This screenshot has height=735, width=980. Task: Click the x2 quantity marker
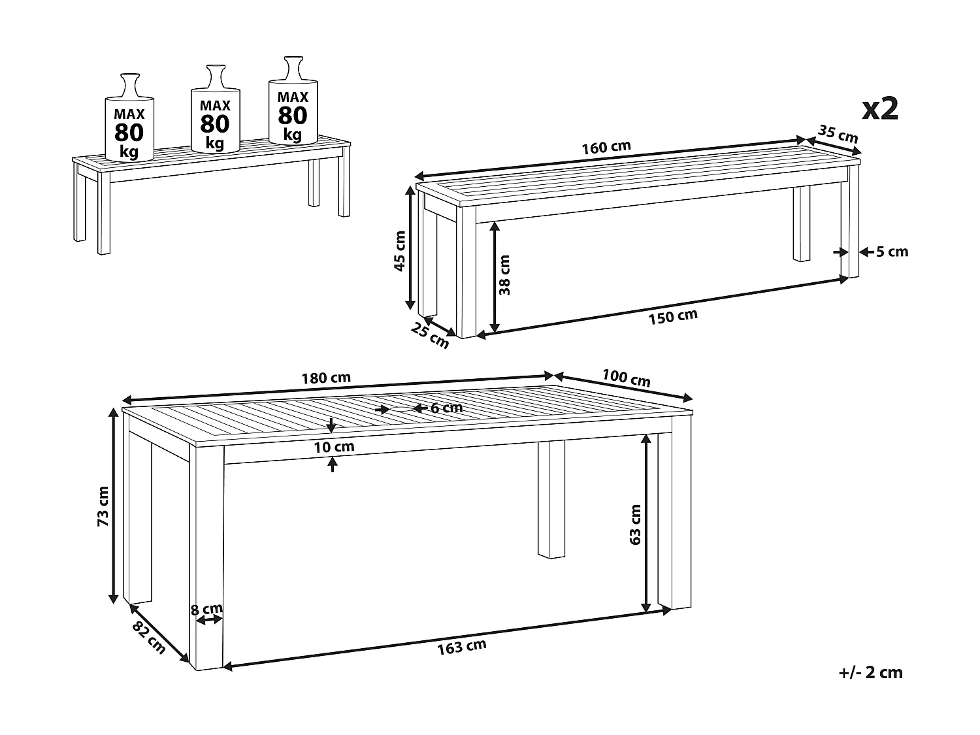(x=879, y=109)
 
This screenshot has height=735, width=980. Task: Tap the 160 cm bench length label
(x=606, y=147)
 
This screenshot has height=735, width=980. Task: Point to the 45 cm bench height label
(x=400, y=251)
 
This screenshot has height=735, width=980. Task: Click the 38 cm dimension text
(x=504, y=275)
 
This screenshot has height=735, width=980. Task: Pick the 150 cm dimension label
(x=673, y=316)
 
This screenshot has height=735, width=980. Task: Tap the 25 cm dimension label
(x=429, y=335)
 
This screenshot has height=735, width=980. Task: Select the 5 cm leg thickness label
(x=892, y=252)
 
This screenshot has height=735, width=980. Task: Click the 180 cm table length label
(x=326, y=378)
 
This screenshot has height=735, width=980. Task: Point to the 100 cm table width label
(x=626, y=378)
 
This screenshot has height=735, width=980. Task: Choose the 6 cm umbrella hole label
(x=446, y=408)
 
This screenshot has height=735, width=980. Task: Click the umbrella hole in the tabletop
(x=400, y=408)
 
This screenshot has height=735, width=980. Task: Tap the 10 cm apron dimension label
(x=334, y=447)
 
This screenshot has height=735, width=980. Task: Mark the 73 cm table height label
(x=103, y=506)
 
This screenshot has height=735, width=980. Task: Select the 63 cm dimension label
(x=635, y=525)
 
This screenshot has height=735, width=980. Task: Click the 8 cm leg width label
(x=206, y=609)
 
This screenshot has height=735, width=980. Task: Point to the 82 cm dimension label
(x=149, y=638)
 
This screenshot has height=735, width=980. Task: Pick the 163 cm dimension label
(x=461, y=647)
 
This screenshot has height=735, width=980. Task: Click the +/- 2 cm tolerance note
(x=871, y=672)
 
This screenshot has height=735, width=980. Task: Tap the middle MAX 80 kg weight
(x=215, y=123)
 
